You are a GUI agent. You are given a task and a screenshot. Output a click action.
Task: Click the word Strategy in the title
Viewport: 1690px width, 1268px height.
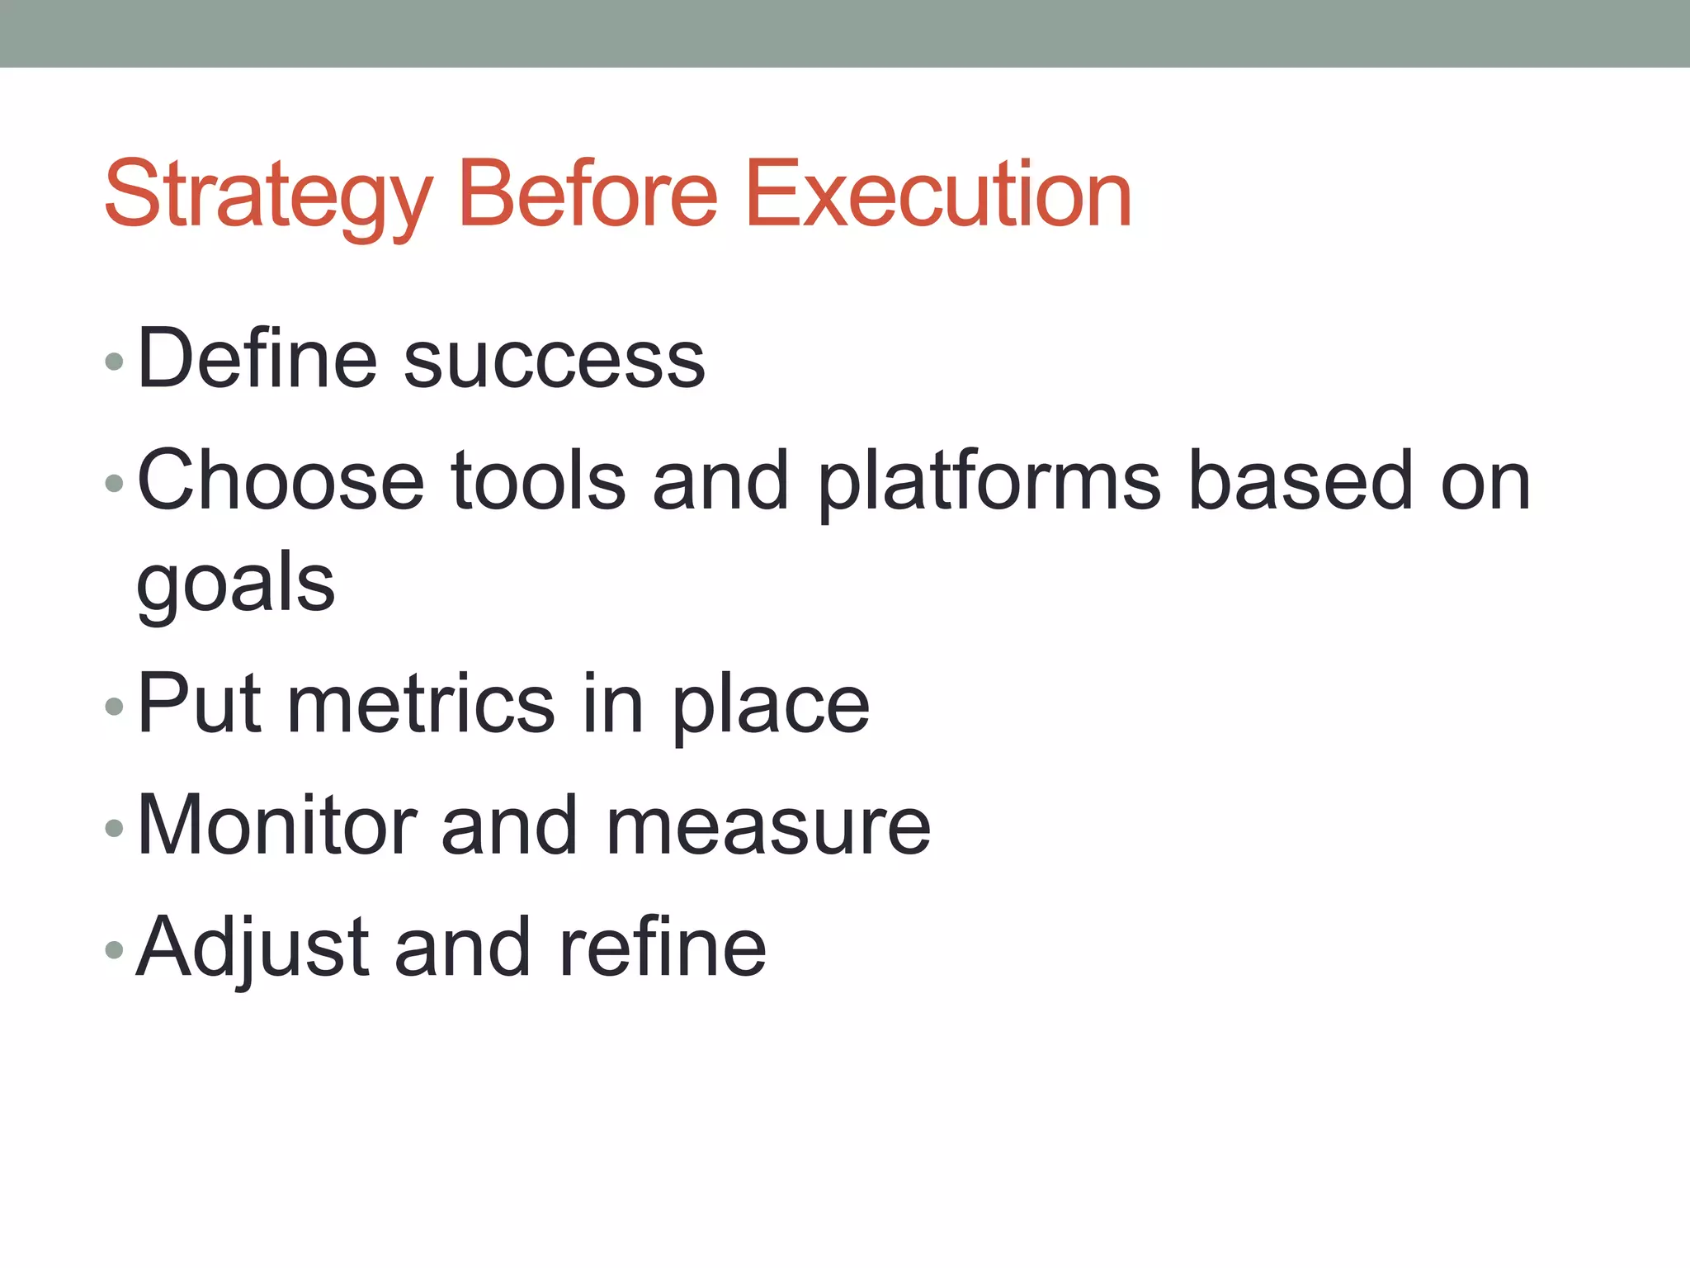pos(267,196)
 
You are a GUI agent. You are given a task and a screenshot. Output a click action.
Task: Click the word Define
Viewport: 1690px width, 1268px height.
pos(257,358)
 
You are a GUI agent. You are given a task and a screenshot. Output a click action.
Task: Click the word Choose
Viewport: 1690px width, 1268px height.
pos(281,480)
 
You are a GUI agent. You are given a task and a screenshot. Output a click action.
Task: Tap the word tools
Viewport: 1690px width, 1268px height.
pos(538,480)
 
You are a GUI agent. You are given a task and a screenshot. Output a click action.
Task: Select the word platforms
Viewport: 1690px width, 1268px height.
pos(989,483)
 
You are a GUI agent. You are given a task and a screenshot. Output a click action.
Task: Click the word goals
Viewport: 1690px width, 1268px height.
pos(236,584)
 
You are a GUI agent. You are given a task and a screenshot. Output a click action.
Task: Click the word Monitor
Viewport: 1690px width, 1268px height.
pos(277,825)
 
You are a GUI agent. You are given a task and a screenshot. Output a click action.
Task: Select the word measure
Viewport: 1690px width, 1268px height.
pos(768,827)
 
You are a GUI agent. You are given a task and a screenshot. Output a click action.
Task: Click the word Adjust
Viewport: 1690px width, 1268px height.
pos(252,948)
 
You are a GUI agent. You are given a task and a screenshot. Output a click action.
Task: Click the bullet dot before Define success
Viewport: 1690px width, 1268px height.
pos(115,362)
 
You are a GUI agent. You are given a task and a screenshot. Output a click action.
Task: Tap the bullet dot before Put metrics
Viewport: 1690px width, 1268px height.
pos(115,707)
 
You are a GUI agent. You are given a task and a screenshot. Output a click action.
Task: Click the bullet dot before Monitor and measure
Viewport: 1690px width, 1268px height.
pos(115,828)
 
